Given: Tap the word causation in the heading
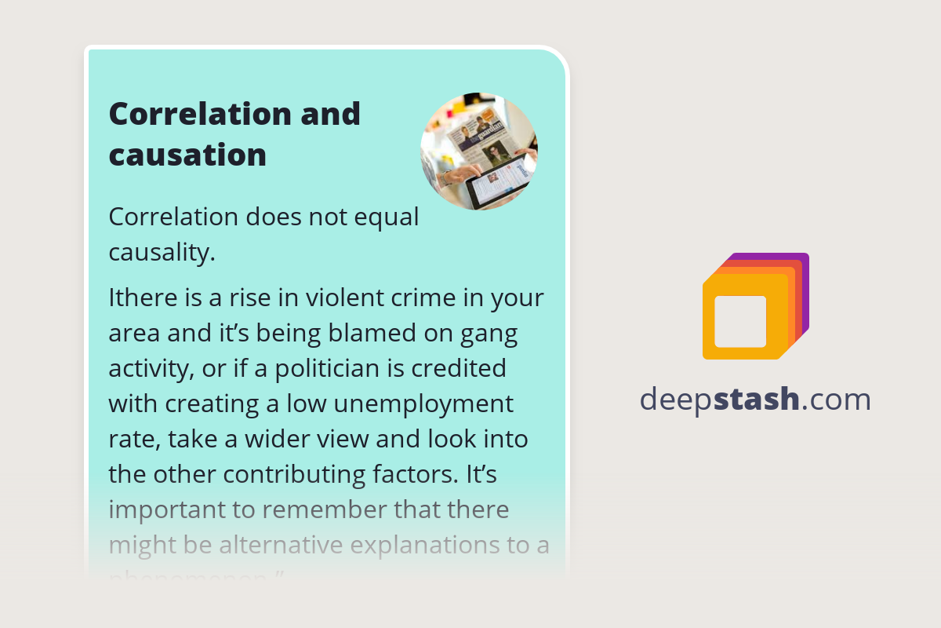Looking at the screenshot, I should pos(187,155).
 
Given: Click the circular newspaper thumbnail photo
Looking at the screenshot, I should pos(478,152).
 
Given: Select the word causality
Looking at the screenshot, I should pos(161,253).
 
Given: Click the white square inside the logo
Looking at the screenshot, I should pos(740,322).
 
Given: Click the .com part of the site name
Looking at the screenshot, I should pos(836,400).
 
